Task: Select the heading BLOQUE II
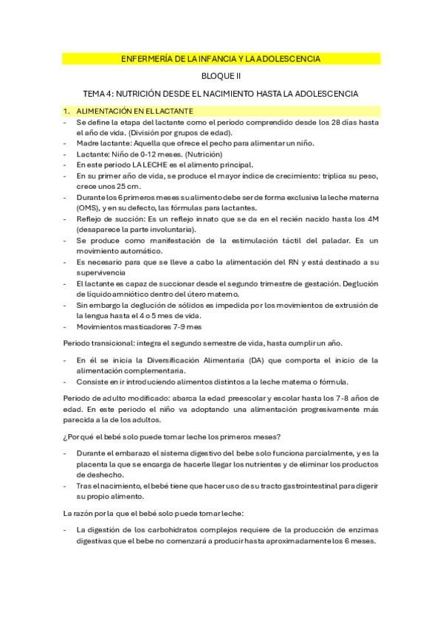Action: click(x=221, y=76)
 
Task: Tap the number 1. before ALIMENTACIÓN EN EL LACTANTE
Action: click(x=66, y=111)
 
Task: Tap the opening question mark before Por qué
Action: click(x=65, y=436)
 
